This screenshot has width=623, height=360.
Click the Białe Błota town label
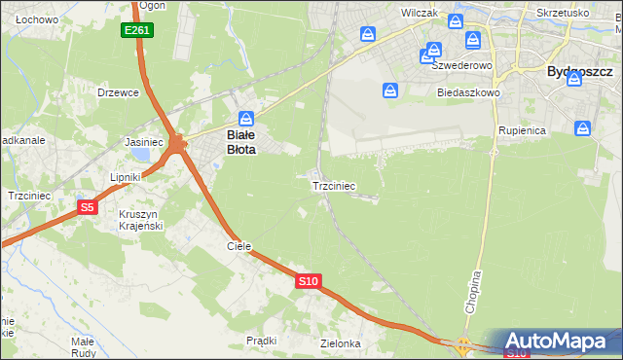(240, 142)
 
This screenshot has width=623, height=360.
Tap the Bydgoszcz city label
(579, 71)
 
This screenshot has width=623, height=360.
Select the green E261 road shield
(137, 31)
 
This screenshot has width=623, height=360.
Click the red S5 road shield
(88, 207)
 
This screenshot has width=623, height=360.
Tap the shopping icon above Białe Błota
(247, 117)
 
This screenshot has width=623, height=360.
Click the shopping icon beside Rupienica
(583, 127)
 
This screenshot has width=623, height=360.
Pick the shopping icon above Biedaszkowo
(390, 90)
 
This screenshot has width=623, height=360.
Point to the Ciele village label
(239, 246)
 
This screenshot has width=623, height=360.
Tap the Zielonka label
(341, 343)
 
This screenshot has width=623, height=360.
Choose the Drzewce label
(119, 92)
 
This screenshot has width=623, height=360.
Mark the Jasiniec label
(143, 141)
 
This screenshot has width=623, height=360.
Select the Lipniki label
(126, 177)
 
